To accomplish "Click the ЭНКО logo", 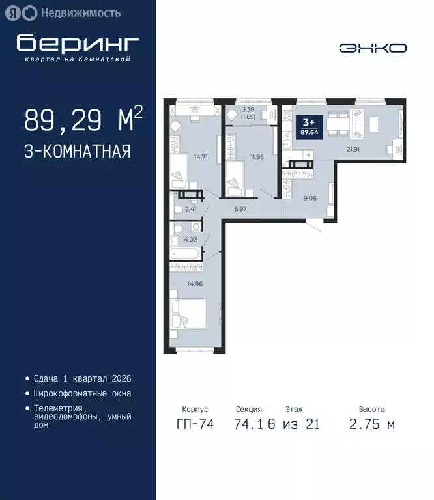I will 373,48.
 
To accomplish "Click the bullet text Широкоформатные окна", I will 83,393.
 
